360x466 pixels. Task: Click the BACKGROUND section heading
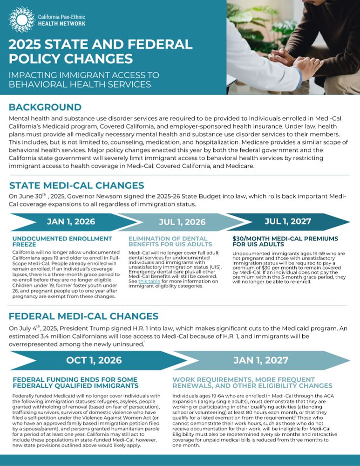click(45, 107)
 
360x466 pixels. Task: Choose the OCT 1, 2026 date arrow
click(93, 360)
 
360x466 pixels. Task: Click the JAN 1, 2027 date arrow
click(261, 360)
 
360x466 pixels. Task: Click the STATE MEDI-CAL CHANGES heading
click(76, 185)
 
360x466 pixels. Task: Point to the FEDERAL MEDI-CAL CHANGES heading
click(84, 316)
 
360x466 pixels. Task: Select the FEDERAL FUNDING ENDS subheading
click(75, 383)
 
